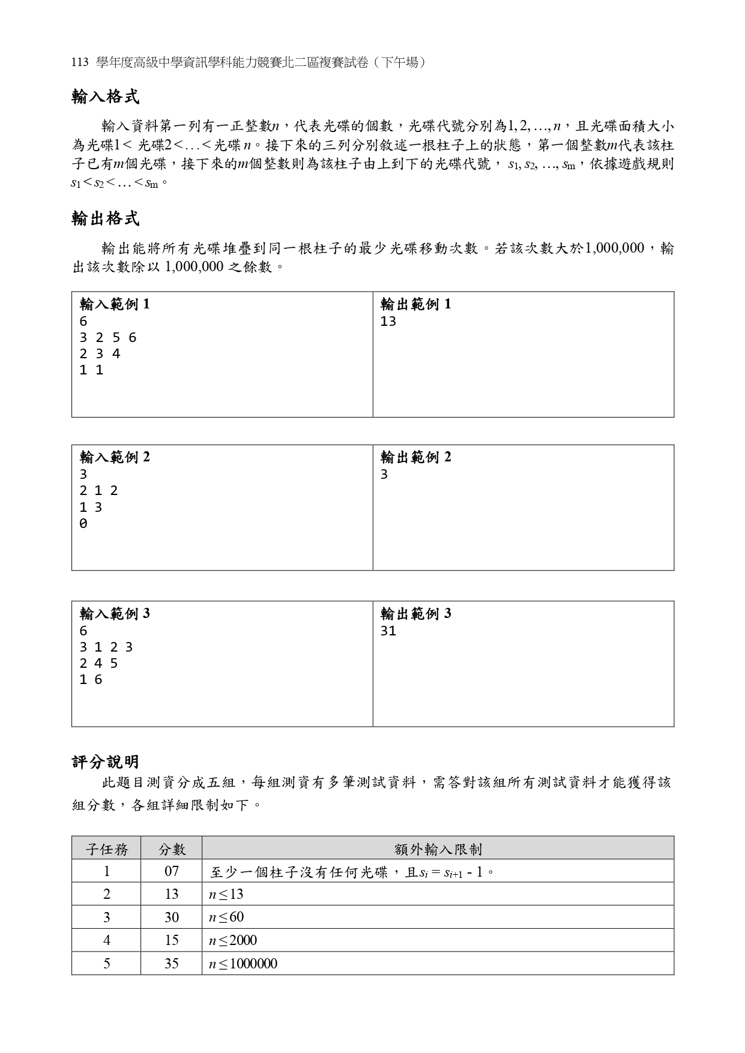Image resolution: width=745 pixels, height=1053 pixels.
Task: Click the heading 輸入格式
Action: [x=106, y=97]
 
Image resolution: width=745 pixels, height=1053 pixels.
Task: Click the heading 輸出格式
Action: [x=106, y=219]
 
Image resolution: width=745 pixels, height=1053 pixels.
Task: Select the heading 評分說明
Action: [x=106, y=762]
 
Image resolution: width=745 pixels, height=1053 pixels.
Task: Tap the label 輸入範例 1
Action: [x=115, y=304]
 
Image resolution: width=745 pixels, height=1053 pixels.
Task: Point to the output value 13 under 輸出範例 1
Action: [x=388, y=322]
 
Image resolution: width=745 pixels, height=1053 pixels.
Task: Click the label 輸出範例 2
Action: [x=416, y=457]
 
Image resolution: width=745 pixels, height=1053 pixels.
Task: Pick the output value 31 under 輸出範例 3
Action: [x=388, y=631]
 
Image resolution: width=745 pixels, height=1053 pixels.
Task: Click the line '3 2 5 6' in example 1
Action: [x=108, y=338]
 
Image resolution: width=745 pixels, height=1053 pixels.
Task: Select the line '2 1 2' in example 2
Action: [x=99, y=491]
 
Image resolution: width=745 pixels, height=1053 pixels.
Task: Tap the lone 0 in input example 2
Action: [x=83, y=524]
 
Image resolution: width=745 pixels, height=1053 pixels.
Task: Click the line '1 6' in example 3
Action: [x=91, y=680]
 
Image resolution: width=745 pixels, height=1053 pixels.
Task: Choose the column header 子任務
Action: [x=106, y=849]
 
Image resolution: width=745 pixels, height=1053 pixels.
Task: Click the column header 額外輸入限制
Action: [x=438, y=849]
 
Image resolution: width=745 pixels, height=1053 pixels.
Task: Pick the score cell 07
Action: [x=172, y=871]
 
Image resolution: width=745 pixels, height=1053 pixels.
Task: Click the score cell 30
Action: [x=172, y=917]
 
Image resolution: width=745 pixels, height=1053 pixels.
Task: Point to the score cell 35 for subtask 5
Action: [x=172, y=964]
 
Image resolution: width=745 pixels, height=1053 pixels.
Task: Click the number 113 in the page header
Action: [x=80, y=62]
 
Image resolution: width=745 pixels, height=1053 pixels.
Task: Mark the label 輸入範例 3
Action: [x=115, y=614]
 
